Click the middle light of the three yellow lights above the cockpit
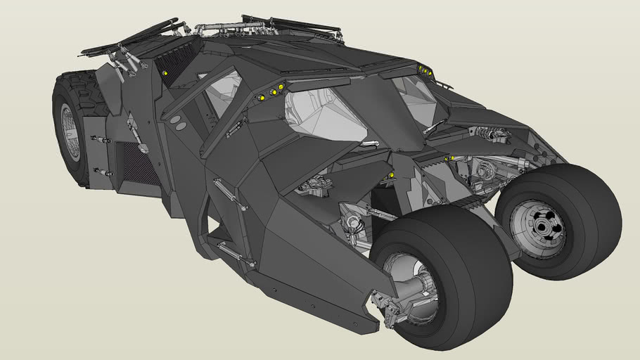pyautogui.click(x=272, y=91)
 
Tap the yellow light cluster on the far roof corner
pyautogui.click(x=423, y=70)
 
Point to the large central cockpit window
pyautogui.click(x=324, y=116)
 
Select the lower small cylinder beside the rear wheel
pyautogui.click(x=103, y=172)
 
